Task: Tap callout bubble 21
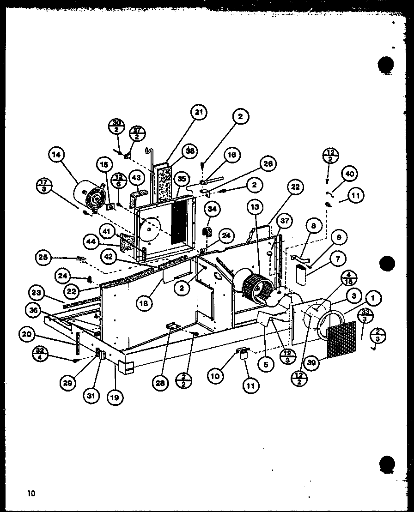199,112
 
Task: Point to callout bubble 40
349,174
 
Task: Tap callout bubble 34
212,209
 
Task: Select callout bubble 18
143,302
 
